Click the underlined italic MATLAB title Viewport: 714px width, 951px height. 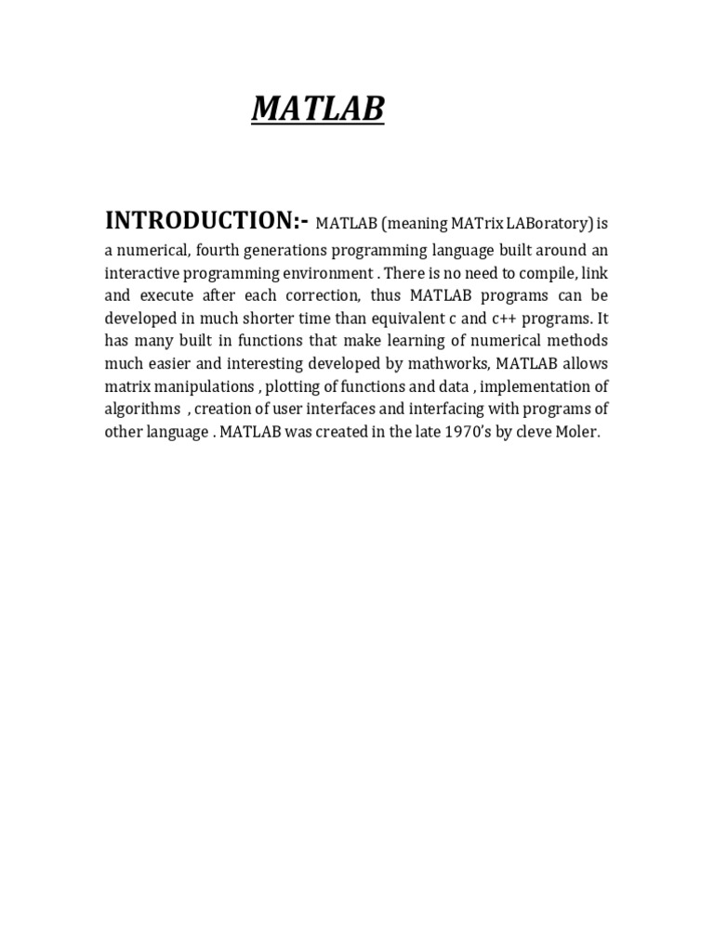point(318,110)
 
